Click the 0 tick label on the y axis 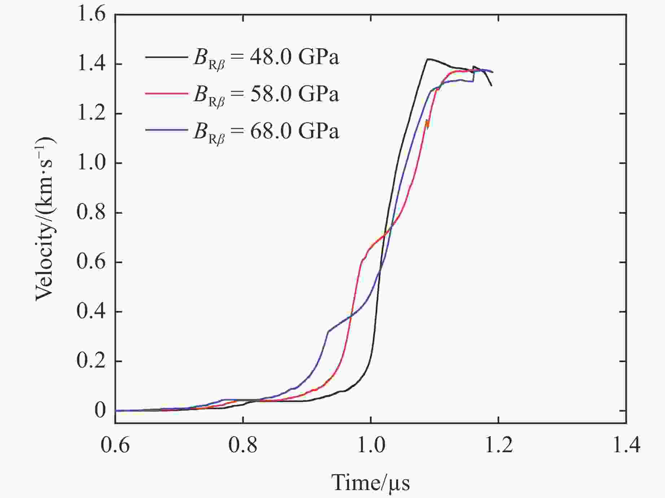tap(100, 410)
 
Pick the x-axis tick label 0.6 tap(115, 445)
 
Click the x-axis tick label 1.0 tap(371, 445)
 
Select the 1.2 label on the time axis tap(498, 445)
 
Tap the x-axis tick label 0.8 tap(243, 445)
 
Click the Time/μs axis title tap(371, 482)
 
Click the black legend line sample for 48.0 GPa tap(166, 57)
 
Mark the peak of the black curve tap(428, 59)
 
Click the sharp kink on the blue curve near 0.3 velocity tap(328, 331)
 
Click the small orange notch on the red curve tap(427, 123)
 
